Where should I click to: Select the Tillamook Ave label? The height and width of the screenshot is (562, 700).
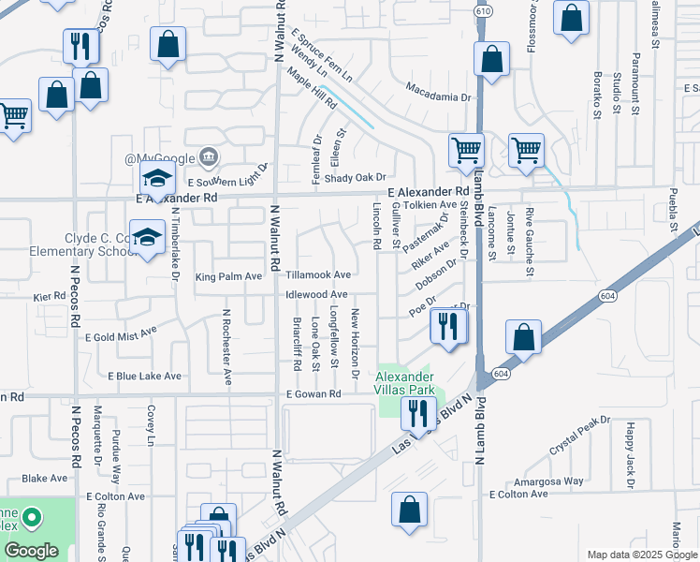pos(318,275)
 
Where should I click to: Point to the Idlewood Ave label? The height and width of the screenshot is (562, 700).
pos(317,295)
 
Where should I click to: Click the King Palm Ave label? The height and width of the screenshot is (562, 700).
pos(228,277)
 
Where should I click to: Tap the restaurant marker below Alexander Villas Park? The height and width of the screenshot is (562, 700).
pos(417,412)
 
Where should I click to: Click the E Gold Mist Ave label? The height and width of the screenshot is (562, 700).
pos(120,335)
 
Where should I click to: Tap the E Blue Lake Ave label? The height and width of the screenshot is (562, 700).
pos(144,376)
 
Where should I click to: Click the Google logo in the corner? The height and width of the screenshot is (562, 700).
pos(30,552)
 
